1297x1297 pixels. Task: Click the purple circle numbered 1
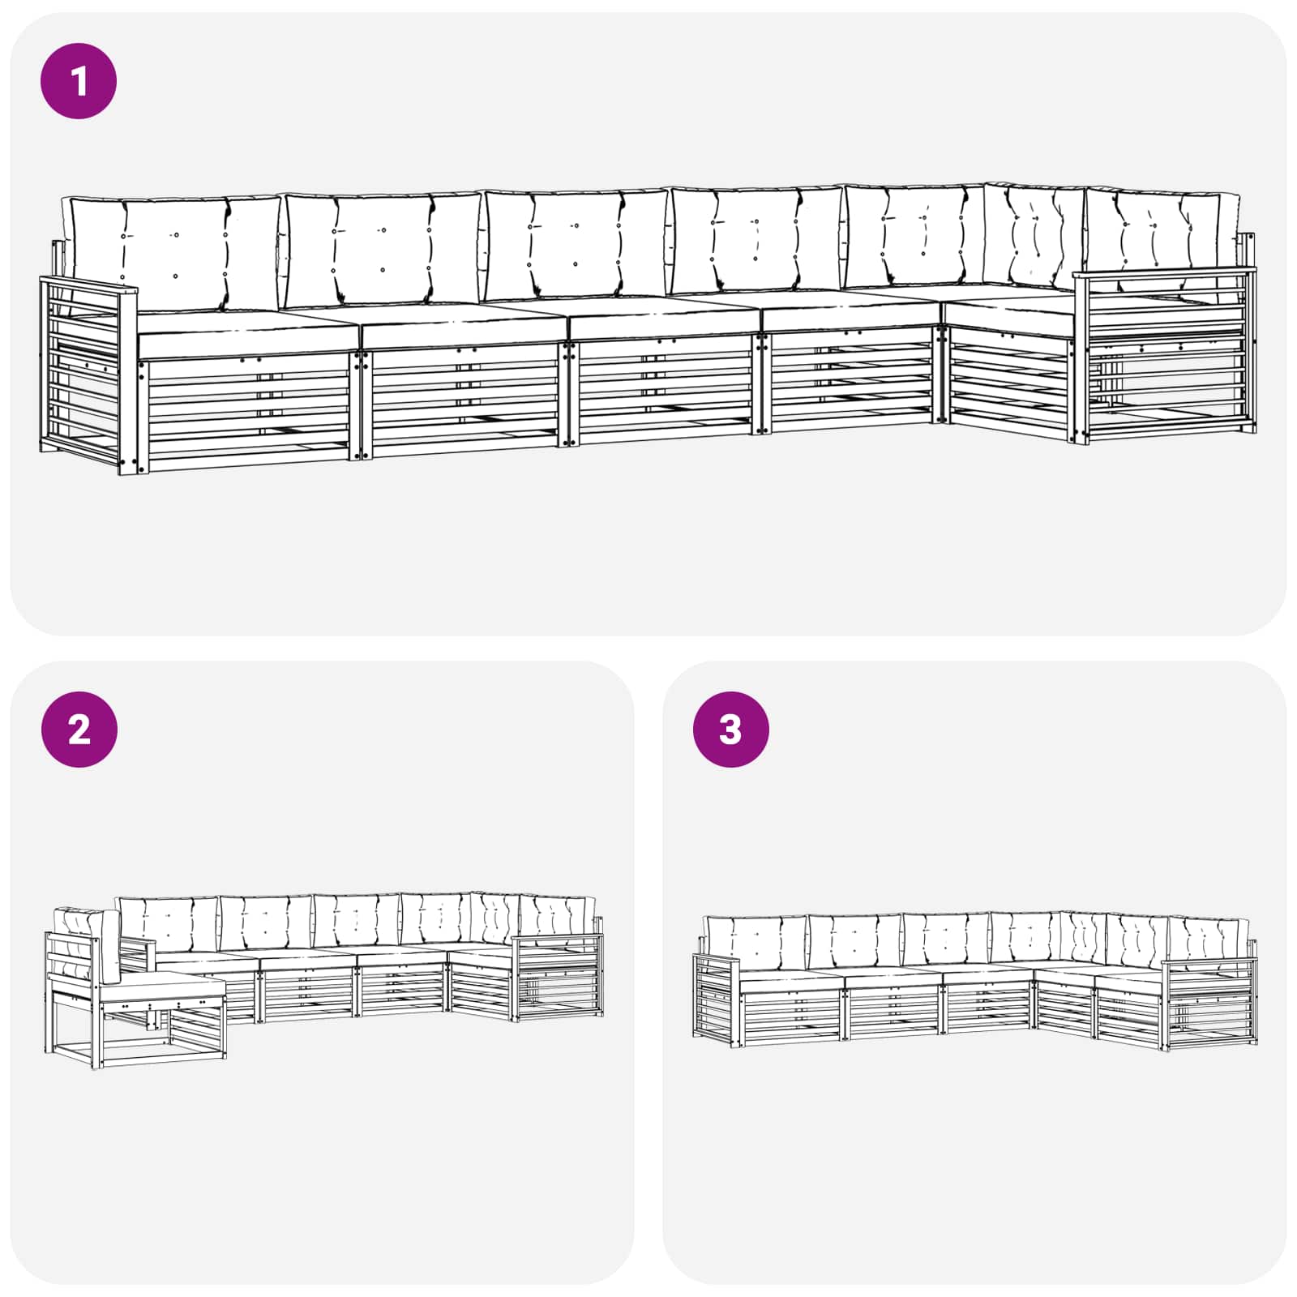point(79,81)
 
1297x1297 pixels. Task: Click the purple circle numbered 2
point(79,730)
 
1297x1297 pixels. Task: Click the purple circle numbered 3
point(730,730)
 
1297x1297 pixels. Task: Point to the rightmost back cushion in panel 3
point(1208,940)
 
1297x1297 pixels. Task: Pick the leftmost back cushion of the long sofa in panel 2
point(168,924)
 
